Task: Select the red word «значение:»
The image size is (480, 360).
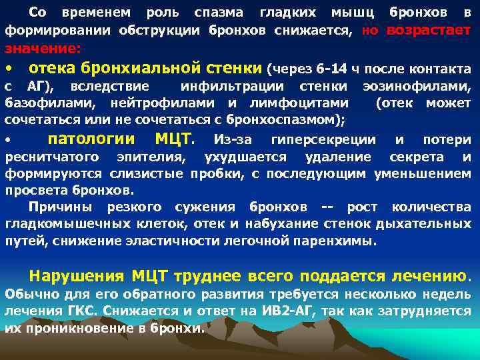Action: [43, 49]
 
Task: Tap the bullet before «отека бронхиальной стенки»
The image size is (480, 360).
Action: [9, 69]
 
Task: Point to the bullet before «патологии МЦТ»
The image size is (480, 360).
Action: [9, 141]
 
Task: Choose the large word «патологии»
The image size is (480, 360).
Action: [98, 139]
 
